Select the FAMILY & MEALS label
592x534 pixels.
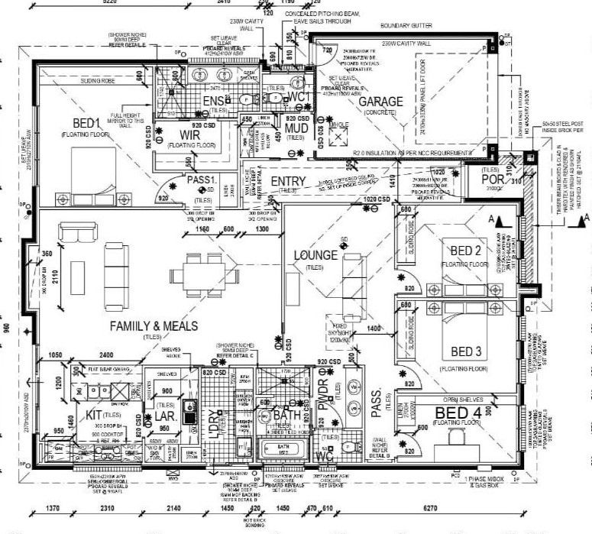point(154,325)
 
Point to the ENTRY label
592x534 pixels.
point(289,180)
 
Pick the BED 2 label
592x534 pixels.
point(464,251)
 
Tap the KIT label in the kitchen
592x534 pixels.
point(95,413)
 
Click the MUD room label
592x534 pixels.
point(296,128)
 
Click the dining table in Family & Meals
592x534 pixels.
point(202,273)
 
